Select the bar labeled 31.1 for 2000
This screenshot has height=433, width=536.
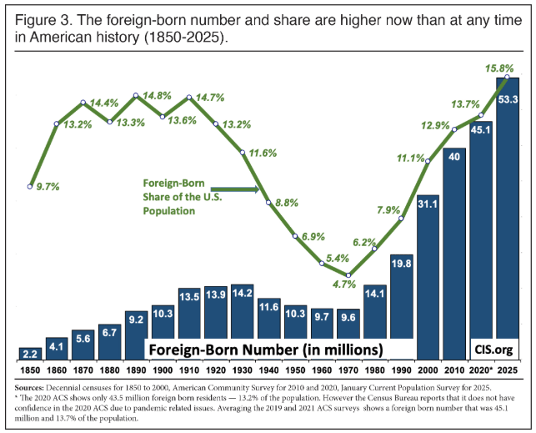(428, 275)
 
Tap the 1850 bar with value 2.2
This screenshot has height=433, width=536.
(30, 352)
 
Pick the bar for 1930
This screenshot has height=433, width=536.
(243, 321)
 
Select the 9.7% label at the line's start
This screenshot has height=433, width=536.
(48, 187)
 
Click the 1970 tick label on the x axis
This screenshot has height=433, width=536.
(348, 368)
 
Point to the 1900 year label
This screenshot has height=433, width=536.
(163, 368)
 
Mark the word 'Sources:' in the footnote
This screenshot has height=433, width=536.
(33, 388)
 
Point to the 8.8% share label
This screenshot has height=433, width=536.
(286, 202)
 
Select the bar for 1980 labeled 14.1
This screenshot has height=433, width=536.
(375, 322)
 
